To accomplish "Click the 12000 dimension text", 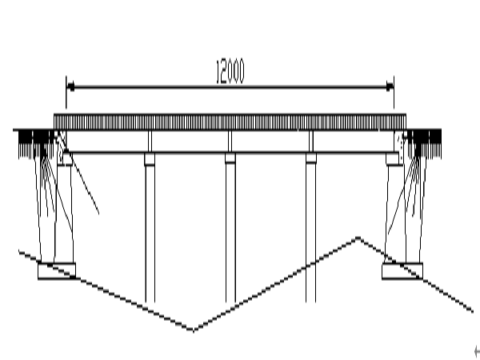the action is [x=230, y=72].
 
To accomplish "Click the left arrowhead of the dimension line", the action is [x=70, y=87].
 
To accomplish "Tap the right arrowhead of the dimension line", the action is [x=390, y=87].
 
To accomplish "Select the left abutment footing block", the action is [x=57, y=271].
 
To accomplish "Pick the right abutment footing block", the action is [x=402, y=271].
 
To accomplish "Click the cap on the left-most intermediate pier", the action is [x=150, y=159].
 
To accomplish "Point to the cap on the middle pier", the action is [x=230, y=158].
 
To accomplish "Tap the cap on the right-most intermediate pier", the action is [x=311, y=158].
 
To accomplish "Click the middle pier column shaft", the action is [x=230, y=234].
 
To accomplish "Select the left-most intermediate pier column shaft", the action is [x=150, y=234].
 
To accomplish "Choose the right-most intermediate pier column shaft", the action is [x=310, y=234].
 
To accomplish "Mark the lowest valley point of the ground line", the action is [x=193, y=330].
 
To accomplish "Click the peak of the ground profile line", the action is [x=358, y=238].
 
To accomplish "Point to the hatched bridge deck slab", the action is [x=230, y=122].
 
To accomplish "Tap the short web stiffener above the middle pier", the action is [x=230, y=141].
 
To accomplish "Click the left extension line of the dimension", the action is [x=66, y=93].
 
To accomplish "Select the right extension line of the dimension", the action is [x=394, y=93].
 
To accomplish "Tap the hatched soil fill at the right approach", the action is [x=424, y=144].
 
